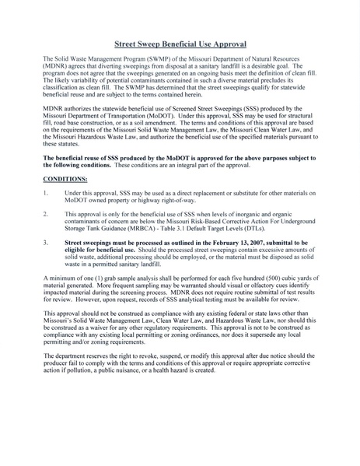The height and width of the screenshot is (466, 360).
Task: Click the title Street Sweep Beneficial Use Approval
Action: pyautogui.click(x=180, y=46)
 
